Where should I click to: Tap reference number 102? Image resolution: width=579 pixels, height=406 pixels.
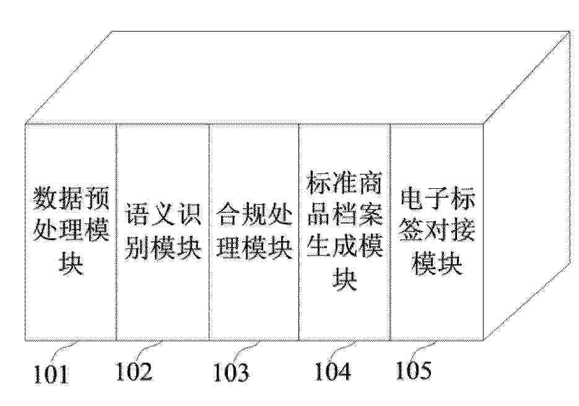tap(134, 371)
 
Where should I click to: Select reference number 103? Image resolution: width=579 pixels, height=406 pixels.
tap(231, 373)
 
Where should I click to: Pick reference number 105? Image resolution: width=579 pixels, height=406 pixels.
tap(414, 370)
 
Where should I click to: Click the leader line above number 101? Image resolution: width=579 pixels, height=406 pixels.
tap(64, 352)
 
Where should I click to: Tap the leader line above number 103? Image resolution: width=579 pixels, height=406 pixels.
tap(248, 350)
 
